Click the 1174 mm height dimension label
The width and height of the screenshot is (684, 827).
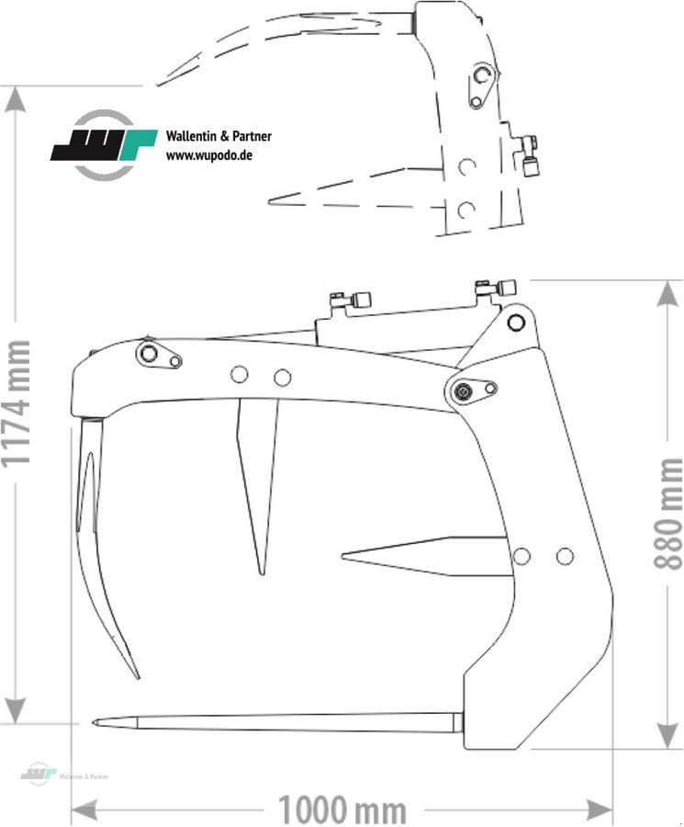click(18, 403)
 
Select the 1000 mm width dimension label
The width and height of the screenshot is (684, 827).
click(342, 810)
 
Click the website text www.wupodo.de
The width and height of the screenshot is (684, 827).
click(208, 155)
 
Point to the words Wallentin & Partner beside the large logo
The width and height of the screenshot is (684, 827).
click(219, 137)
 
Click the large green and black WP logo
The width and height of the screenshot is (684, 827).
click(103, 145)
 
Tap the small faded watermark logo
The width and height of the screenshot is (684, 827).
click(39, 774)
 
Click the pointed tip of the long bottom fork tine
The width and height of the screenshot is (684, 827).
click(95, 722)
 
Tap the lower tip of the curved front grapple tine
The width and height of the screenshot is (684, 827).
click(137, 677)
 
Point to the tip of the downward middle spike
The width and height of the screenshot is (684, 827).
click(262, 572)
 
